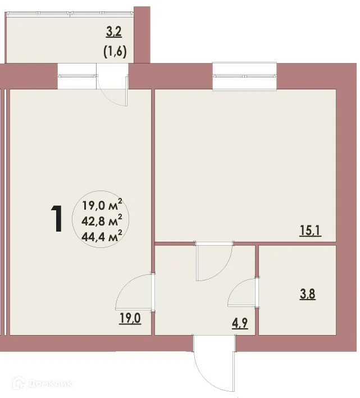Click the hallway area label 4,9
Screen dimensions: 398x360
(239, 323)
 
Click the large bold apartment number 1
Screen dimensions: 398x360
(56, 219)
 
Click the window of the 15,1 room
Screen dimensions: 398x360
(245, 75)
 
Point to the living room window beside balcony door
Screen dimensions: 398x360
(78, 76)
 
